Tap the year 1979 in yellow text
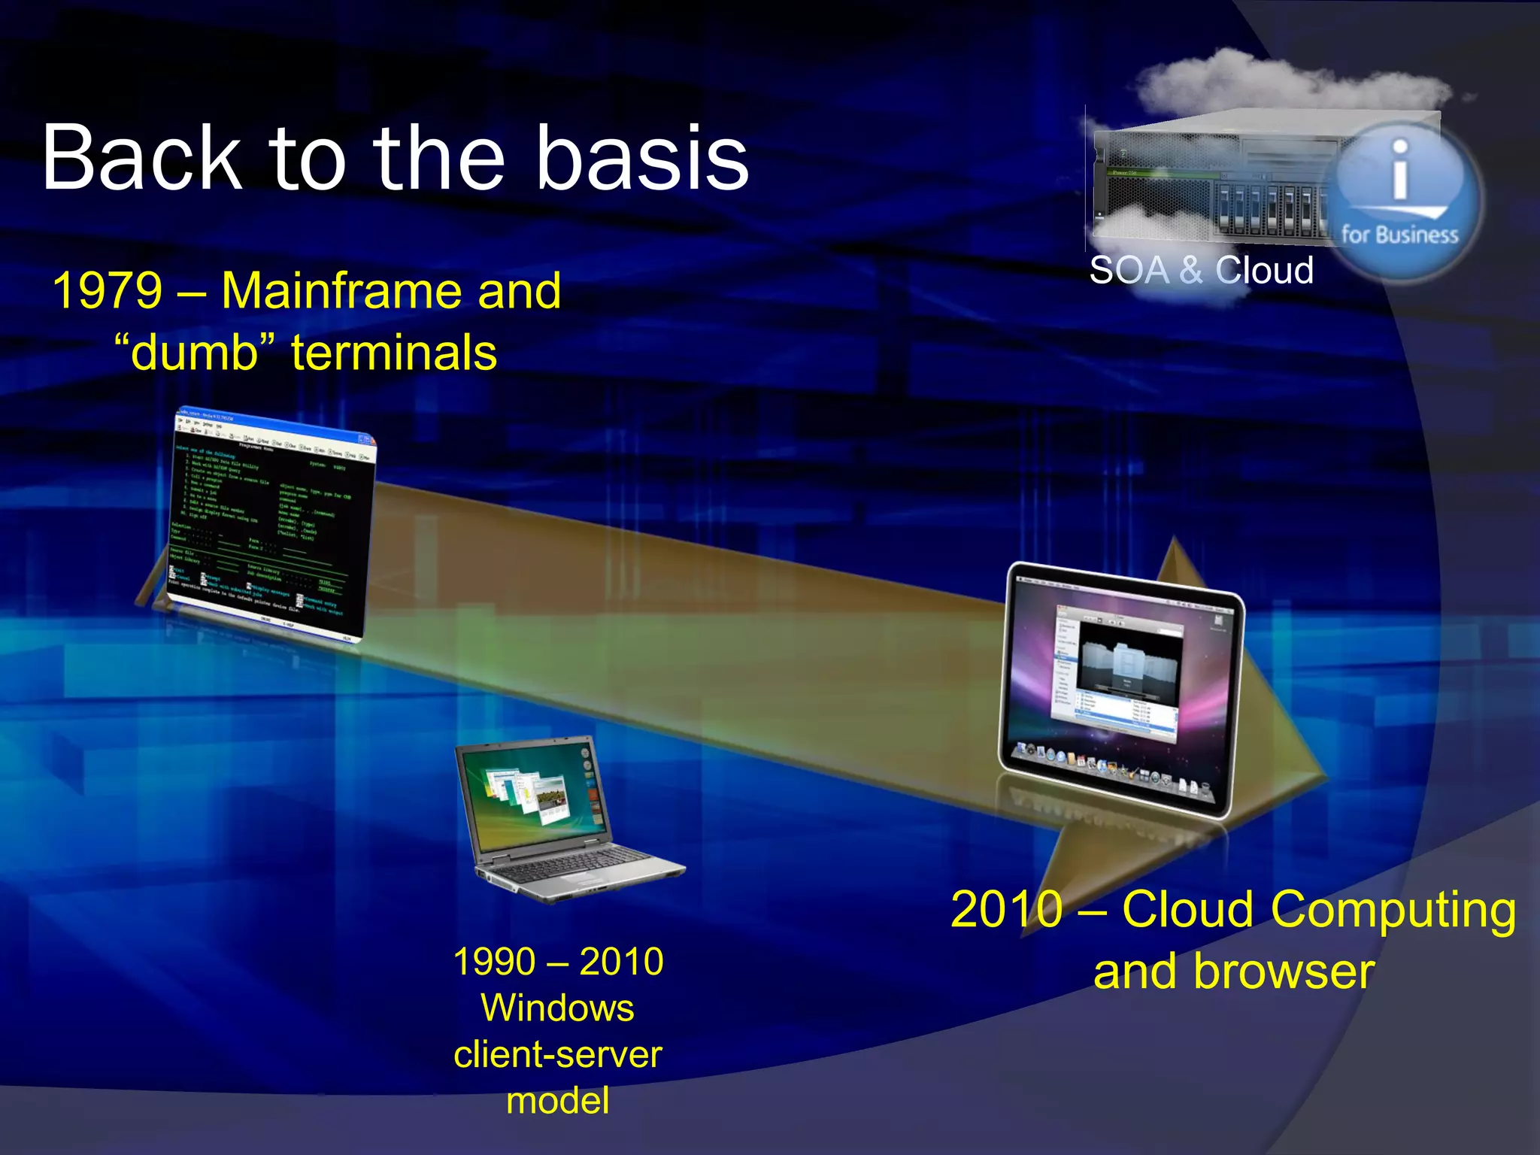pyautogui.click(x=108, y=291)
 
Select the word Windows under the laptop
pyautogui.click(x=557, y=1008)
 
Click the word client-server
pyautogui.click(x=557, y=1054)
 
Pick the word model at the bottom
pyautogui.click(x=557, y=1101)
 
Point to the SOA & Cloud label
pyautogui.click(x=1201, y=270)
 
